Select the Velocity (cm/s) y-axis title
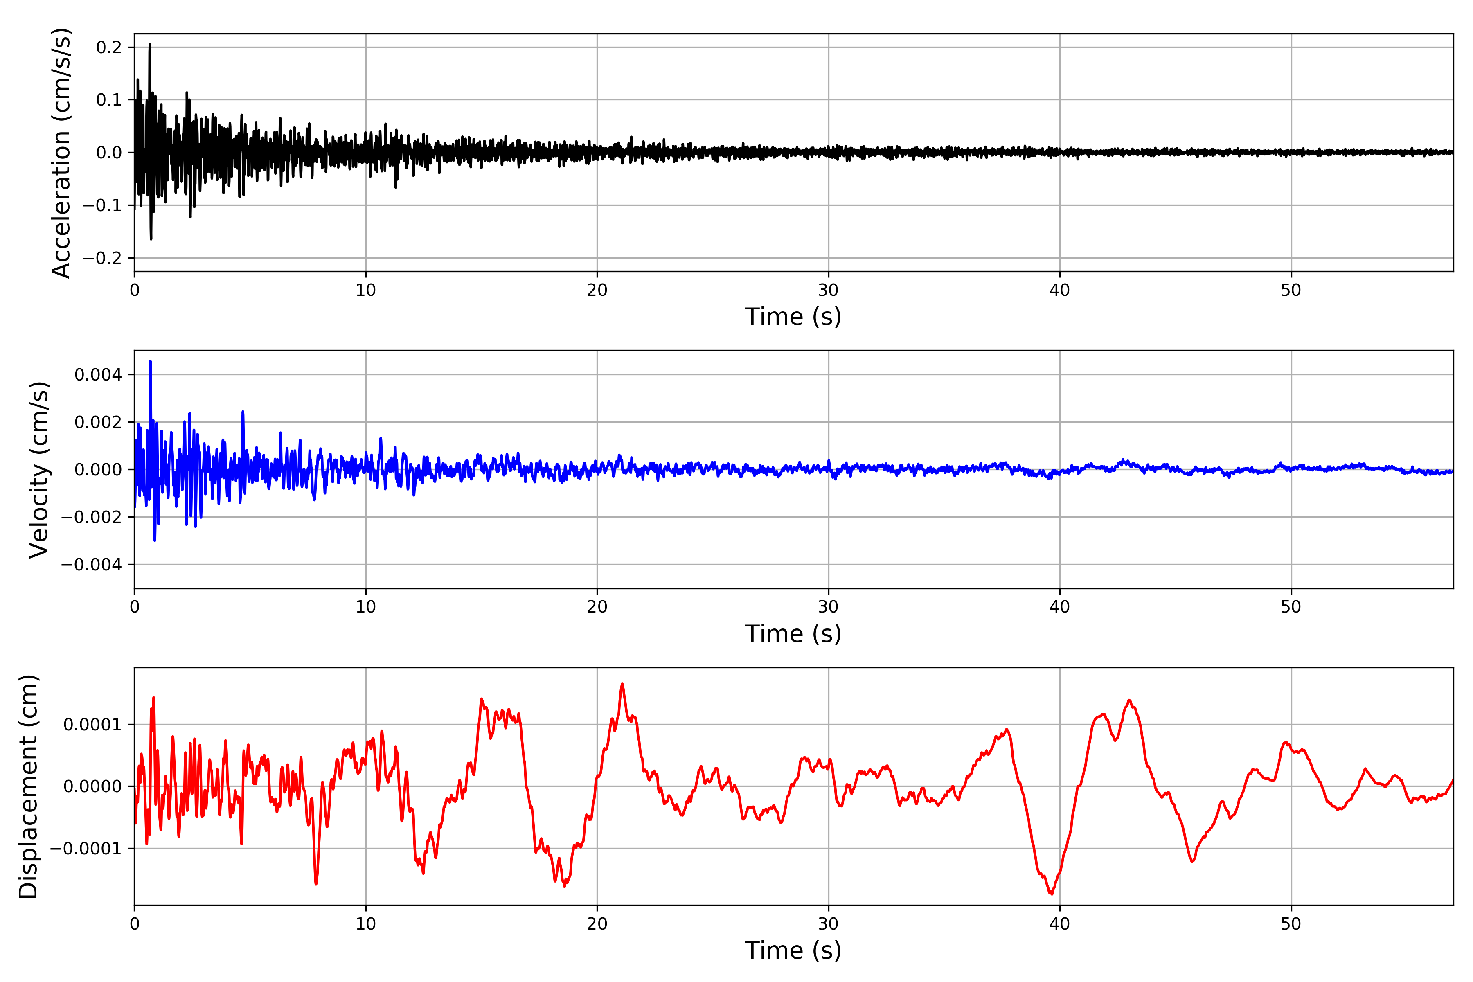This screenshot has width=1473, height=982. pyautogui.click(x=39, y=470)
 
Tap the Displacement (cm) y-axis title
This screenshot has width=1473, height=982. pyautogui.click(x=28, y=786)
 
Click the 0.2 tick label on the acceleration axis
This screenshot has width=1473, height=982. pyautogui.click(x=109, y=47)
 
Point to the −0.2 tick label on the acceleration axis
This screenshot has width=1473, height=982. pyautogui.click(x=102, y=258)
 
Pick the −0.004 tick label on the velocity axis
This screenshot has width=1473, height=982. pyautogui.click(x=91, y=565)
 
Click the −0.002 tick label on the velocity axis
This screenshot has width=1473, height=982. pyautogui.click(x=91, y=517)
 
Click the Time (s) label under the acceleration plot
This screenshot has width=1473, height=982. pyautogui.click(x=793, y=317)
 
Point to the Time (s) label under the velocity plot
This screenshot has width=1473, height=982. pyautogui.click(x=793, y=634)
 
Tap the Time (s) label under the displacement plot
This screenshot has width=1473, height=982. pyautogui.click(x=793, y=950)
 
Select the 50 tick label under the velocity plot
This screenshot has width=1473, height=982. pyautogui.click(x=1291, y=607)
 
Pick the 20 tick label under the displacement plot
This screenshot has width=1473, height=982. pyautogui.click(x=597, y=924)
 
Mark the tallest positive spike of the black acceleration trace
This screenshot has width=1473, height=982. pyautogui.click(x=150, y=45)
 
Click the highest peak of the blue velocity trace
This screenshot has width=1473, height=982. pyautogui.click(x=150, y=361)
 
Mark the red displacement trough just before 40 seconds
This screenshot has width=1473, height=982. pyautogui.click(x=1052, y=894)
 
